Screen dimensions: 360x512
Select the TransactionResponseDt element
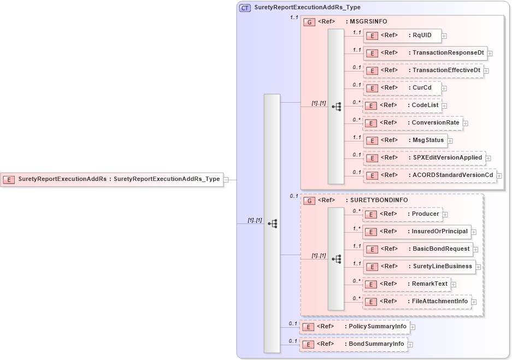tap(425, 54)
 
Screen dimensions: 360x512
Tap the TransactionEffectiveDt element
tap(423, 70)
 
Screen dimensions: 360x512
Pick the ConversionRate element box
tap(413, 123)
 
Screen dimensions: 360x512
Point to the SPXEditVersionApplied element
tap(424, 158)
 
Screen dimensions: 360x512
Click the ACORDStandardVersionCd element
tap(429, 175)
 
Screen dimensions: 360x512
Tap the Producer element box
tap(402, 214)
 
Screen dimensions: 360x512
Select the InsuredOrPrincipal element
tap(416, 232)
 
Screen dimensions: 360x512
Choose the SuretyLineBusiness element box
tap(419, 267)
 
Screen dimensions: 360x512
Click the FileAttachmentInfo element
tap(416, 302)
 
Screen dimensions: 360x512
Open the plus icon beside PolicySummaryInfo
tap(413, 327)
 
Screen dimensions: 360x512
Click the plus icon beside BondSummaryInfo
tap(410, 345)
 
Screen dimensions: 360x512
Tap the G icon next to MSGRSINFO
tap(309, 22)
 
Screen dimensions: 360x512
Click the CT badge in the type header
tap(245, 8)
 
